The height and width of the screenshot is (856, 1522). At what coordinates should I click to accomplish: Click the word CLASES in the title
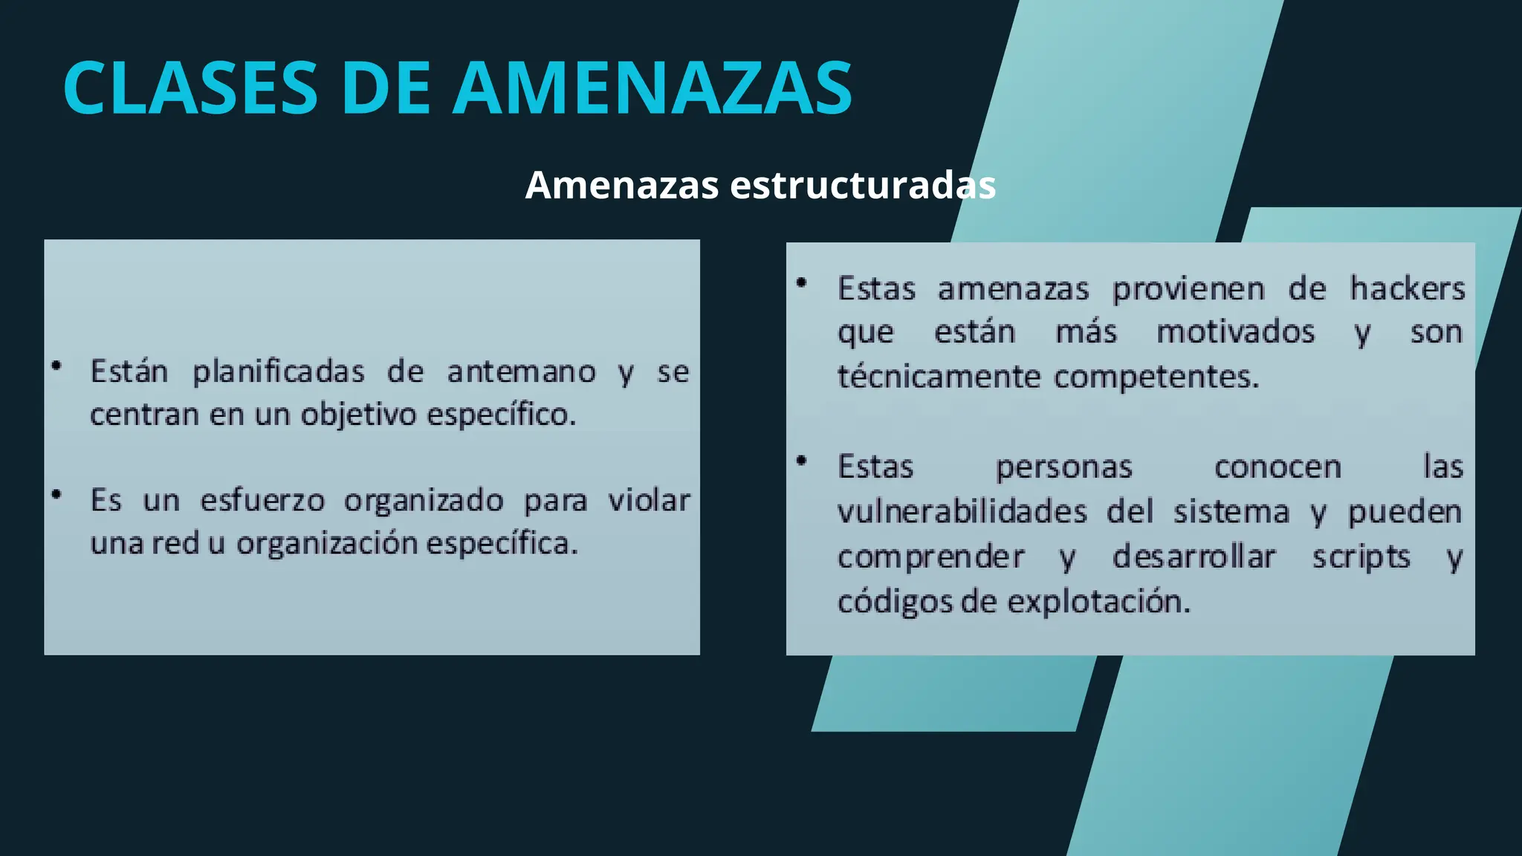[191, 88]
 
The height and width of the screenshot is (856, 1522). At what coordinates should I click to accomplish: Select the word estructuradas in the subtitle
[863, 185]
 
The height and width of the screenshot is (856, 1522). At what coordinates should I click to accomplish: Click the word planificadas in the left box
[279, 372]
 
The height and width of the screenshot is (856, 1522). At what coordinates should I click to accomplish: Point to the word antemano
[521, 372]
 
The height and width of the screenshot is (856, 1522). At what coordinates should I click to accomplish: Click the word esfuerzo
[262, 500]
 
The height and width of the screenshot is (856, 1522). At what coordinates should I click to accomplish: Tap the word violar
[649, 500]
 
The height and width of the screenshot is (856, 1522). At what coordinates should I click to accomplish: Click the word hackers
[1407, 288]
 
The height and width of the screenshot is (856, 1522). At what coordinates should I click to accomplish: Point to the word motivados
[1235, 332]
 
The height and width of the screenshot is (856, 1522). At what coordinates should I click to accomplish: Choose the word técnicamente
[939, 377]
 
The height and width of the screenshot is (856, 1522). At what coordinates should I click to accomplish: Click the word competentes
[1156, 377]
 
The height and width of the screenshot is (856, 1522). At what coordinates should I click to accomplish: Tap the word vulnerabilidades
[962, 512]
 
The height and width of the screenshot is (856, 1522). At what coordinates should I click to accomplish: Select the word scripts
[1361, 557]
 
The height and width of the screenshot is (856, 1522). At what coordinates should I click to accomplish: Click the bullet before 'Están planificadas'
[56, 366]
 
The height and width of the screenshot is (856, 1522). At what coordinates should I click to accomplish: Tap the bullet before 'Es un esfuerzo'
[56, 494]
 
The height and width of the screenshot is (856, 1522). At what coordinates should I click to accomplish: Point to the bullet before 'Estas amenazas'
[801, 282]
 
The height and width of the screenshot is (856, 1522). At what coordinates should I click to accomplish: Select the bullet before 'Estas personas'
[801, 461]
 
